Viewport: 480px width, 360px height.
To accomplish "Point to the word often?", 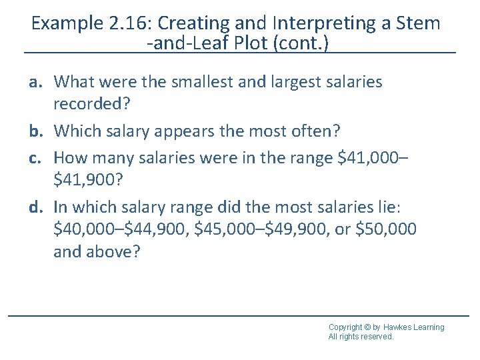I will [x=307, y=131].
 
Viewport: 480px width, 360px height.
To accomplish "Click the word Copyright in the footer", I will [x=345, y=327].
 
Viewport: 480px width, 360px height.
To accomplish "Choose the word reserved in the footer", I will [x=377, y=337].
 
